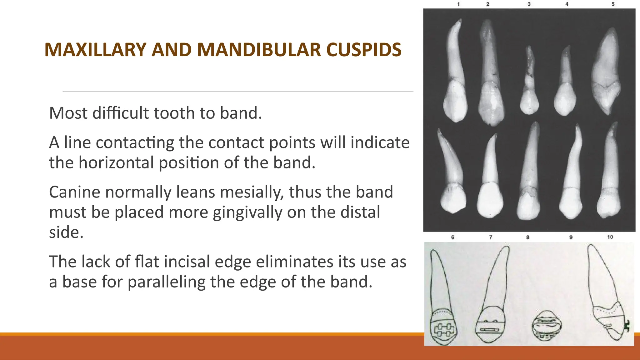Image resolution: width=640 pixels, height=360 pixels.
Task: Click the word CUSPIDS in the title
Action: [x=364, y=50]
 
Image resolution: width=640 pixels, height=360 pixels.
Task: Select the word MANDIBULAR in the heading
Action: [x=259, y=50]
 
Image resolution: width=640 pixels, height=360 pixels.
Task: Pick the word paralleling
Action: [x=167, y=282]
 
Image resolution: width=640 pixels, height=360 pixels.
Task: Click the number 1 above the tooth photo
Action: [x=458, y=4]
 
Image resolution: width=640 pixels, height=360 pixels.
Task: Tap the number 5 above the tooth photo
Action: [x=613, y=4]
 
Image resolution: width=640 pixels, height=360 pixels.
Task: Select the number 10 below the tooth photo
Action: [x=610, y=237]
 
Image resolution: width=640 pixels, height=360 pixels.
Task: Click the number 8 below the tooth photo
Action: [x=528, y=237]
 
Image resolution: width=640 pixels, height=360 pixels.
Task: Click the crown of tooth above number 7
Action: [x=490, y=200]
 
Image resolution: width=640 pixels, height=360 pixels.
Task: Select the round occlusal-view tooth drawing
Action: [x=546, y=326]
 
